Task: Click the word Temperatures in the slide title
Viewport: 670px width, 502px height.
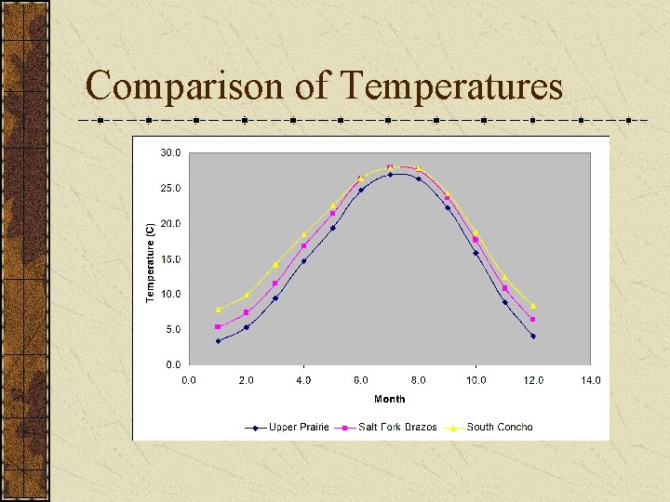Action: [x=452, y=86]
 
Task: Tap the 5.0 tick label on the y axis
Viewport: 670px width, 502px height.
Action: [x=172, y=330]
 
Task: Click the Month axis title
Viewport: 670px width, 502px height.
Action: [x=389, y=399]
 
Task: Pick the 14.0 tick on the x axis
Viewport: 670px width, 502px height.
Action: [x=590, y=379]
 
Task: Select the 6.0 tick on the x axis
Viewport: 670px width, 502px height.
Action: [x=360, y=379]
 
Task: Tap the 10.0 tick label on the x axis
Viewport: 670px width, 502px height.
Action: [x=476, y=379]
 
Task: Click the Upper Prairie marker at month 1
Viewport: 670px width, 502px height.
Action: [x=218, y=341]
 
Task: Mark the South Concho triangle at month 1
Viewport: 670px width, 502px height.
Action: [x=218, y=309]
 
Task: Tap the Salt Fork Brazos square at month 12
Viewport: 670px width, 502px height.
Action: [x=533, y=320]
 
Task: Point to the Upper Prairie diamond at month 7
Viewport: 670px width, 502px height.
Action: [x=390, y=174]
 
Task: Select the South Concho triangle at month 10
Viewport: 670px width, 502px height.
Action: [x=476, y=232]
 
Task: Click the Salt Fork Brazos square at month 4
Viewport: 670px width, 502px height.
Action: [x=303, y=245]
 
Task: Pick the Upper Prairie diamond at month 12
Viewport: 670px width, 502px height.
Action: [x=533, y=337]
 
